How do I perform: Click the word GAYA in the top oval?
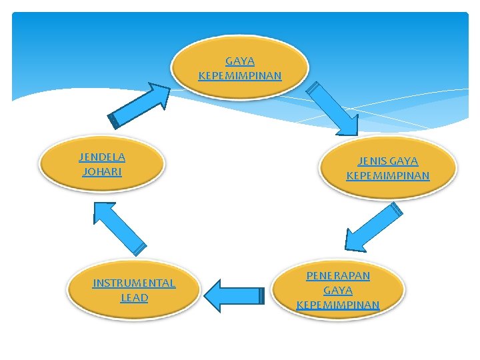tap(240, 61)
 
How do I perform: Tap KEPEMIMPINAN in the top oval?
tap(240, 75)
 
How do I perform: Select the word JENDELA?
tap(102, 157)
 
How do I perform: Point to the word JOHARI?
tap(102, 171)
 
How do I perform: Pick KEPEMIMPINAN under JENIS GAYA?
tap(388, 176)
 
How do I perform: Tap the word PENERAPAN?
tap(338, 275)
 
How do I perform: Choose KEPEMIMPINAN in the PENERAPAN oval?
tap(338, 305)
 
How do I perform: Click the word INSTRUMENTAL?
tap(134, 283)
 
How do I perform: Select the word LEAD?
tap(134, 297)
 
